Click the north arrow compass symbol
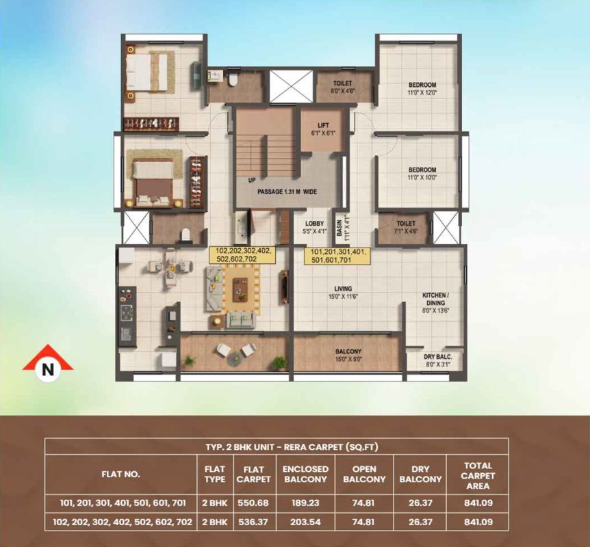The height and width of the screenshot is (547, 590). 48,364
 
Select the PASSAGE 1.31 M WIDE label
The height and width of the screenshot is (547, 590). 287,191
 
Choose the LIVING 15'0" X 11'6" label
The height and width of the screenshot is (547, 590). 343,293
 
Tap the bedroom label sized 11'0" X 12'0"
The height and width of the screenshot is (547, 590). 422,89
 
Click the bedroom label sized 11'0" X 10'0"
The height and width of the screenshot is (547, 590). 422,174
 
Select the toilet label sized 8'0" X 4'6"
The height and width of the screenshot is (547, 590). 342,87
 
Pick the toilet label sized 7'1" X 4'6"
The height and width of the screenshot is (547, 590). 406,228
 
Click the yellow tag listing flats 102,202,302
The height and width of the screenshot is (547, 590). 242,255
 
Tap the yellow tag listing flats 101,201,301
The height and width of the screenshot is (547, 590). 337,256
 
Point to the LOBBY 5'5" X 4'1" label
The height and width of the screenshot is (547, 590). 314,228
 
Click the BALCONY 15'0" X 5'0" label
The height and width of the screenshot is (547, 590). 348,355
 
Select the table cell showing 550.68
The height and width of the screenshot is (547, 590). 253,503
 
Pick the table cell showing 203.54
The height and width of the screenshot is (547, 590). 305,522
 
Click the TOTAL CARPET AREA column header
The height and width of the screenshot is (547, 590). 478,476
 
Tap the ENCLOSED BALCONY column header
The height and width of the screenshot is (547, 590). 305,474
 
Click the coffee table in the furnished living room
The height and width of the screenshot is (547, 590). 240,289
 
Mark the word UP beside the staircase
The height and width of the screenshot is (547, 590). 252,181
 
